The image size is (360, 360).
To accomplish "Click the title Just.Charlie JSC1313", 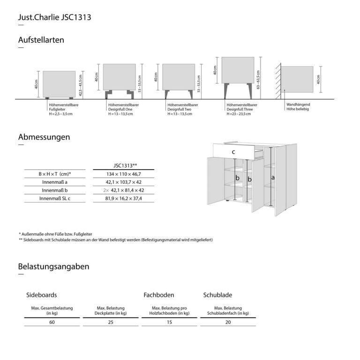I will [54, 18].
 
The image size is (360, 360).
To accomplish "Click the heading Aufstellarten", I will [41, 40].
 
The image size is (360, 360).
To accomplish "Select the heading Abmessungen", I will [44, 137].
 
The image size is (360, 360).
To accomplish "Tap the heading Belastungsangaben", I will [53, 267].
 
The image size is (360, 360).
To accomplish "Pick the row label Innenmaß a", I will [55, 182].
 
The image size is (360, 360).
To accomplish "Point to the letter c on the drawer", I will [233, 152].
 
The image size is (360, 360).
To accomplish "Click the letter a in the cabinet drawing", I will [273, 178].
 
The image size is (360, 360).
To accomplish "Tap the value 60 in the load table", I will [52, 322].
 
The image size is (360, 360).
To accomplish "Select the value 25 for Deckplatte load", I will [111, 322].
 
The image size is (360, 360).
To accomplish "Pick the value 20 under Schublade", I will [228, 322].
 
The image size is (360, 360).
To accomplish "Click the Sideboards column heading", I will [42, 295].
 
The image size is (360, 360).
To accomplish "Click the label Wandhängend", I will [298, 105].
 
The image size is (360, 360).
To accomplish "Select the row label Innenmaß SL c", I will [55, 199].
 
